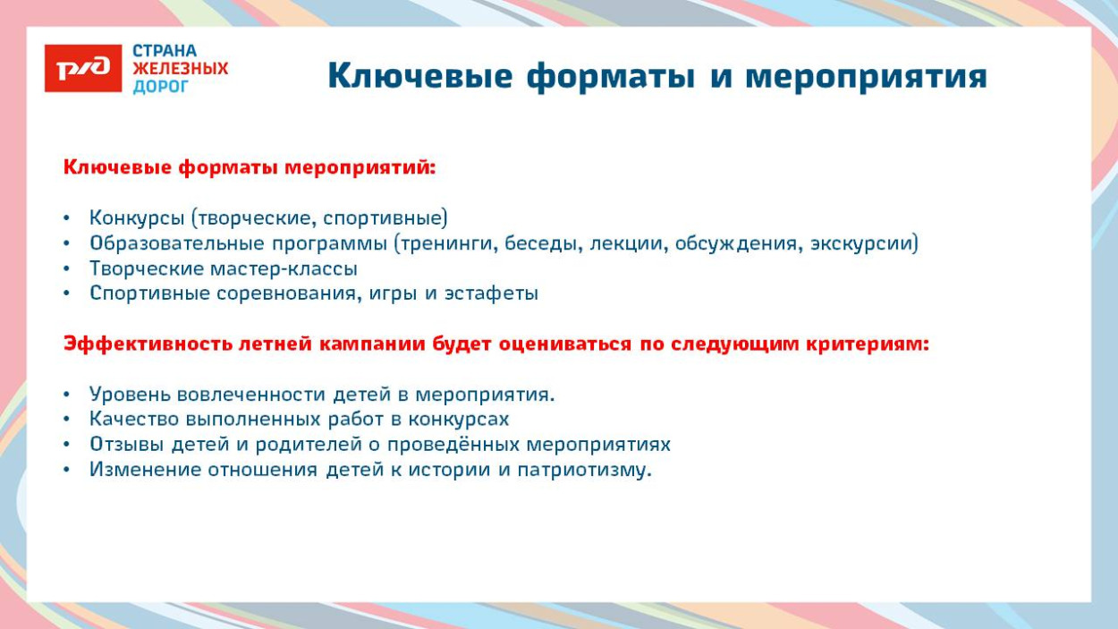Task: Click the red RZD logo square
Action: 83,68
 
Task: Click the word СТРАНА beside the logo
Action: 165,51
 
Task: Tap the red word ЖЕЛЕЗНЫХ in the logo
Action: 181,69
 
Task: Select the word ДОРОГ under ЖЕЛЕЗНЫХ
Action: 161,87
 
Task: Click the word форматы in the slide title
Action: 609,77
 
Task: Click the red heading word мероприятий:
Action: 360,167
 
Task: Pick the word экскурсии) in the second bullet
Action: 864,242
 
